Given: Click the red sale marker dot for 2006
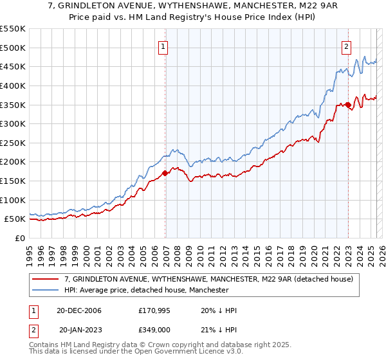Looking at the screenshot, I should coord(165,172).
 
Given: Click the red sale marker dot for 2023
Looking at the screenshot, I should coord(348,105).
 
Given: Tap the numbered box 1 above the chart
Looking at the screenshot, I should coord(164,46).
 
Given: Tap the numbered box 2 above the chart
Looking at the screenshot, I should coord(347,46).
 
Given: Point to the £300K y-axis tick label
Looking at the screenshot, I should coord(13,123).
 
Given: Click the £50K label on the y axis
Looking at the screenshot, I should coord(15,219).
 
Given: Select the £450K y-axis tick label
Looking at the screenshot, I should coord(13,66).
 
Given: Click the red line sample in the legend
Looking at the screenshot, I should coord(45,280).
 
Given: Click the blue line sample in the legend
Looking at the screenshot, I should coord(45,291).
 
